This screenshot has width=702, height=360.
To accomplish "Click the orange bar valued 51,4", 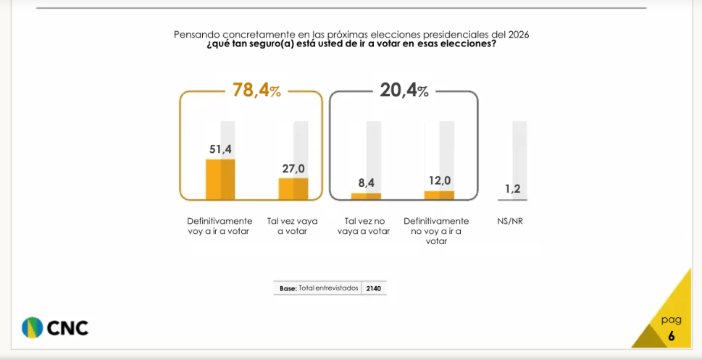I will point(220,179).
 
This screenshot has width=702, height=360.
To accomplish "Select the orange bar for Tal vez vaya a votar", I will point(293,188).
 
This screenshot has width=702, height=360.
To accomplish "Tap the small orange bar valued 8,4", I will point(366,196).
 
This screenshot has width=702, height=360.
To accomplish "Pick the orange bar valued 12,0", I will point(439,195).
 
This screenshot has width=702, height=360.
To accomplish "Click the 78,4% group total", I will point(256,91).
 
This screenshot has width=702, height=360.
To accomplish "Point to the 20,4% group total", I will point(404,91).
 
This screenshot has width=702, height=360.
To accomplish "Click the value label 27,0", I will point(293,169).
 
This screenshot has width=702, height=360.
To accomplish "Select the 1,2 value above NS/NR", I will point(512,189).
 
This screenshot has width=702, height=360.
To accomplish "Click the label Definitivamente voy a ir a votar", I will point(220,226).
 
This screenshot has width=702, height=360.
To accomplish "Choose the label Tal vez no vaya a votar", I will point(364,226).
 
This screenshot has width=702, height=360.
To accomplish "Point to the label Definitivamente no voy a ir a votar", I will point(436,231).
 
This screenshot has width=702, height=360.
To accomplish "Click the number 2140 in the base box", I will point(374,288).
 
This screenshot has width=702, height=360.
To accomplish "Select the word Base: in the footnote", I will point(288,288).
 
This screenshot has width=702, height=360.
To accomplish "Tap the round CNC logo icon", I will point(32,327).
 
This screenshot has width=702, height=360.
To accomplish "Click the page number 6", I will point(671,336).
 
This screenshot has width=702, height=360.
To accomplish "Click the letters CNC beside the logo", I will point(68,328).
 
